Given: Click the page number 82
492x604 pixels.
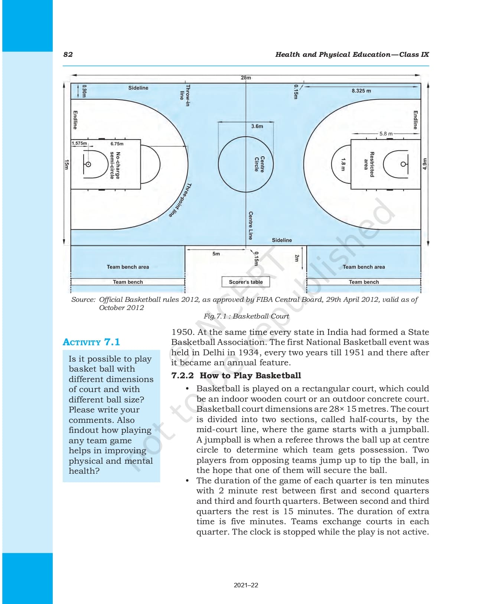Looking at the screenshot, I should [x=68, y=55].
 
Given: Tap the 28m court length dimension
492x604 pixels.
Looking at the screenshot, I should [x=245, y=78].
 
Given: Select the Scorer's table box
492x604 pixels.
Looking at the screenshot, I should [x=245, y=282].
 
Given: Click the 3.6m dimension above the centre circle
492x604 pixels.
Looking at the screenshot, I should [x=257, y=126].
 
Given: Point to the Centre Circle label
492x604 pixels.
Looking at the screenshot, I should [x=259, y=164].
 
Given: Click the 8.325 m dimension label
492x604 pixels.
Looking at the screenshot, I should [x=361, y=91].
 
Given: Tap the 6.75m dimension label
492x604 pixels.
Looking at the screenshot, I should [x=117, y=144].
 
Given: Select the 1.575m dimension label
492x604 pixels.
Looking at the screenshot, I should [x=79, y=143].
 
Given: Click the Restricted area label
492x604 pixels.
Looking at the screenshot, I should [x=369, y=164].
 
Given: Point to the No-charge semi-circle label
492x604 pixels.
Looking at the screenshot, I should [x=115, y=165].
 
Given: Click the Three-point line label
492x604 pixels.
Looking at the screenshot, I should [x=180, y=200].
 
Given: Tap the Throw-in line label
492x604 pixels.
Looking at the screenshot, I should [x=185, y=95].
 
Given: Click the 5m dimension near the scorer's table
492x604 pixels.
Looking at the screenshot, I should [x=216, y=254].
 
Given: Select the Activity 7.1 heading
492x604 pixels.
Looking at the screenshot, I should [x=91, y=342].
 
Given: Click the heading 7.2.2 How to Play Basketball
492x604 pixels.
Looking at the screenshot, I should [x=236, y=375].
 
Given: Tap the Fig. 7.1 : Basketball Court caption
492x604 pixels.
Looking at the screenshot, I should [x=246, y=316].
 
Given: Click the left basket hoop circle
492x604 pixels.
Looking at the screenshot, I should [x=88, y=164].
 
